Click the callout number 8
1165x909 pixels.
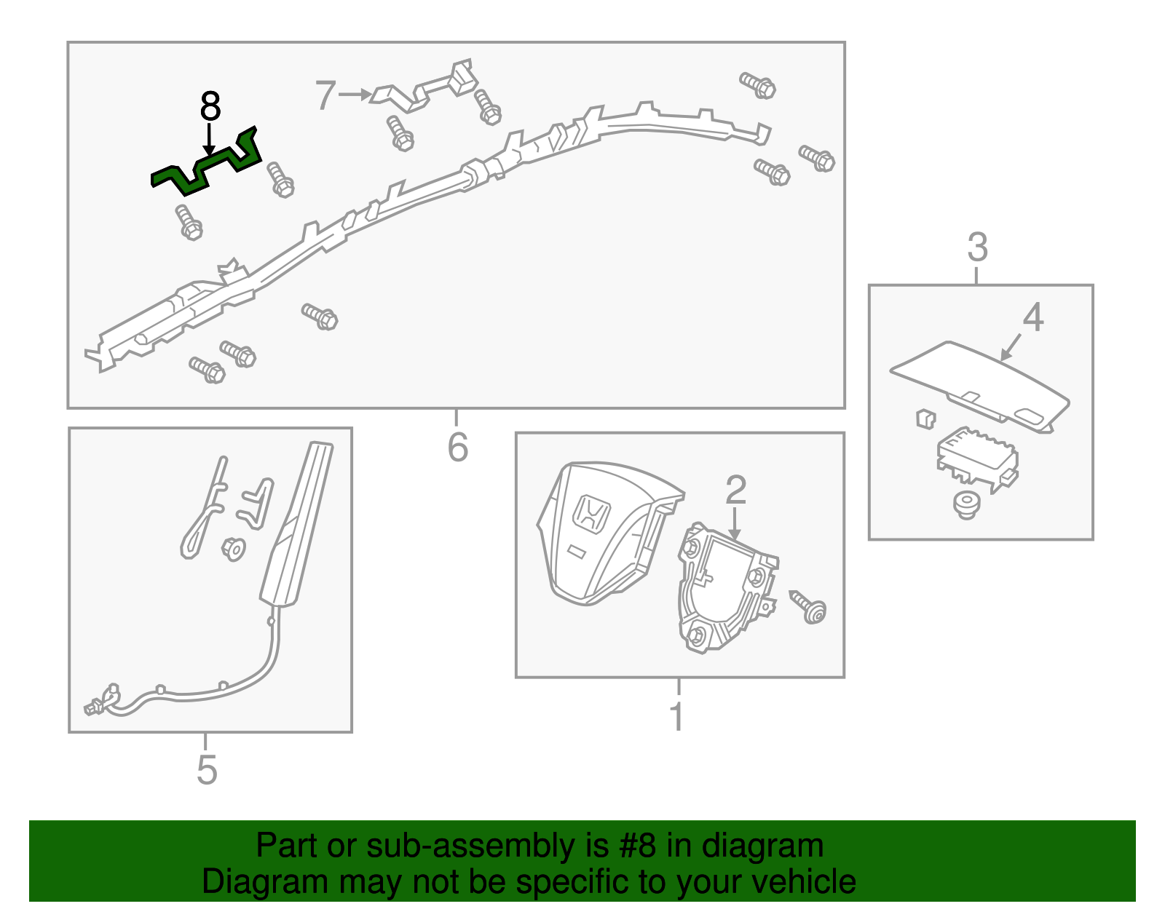click(210, 107)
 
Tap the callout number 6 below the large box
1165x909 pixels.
click(457, 446)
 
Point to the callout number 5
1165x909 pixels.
click(207, 770)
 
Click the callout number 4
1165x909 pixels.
click(1032, 317)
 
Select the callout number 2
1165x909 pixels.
click(735, 491)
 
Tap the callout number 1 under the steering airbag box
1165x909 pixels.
click(677, 717)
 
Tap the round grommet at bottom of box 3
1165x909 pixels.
click(966, 504)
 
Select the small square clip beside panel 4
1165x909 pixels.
click(925, 418)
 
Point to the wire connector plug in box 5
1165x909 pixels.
click(93, 707)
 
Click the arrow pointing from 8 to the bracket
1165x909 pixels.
click(210, 139)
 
